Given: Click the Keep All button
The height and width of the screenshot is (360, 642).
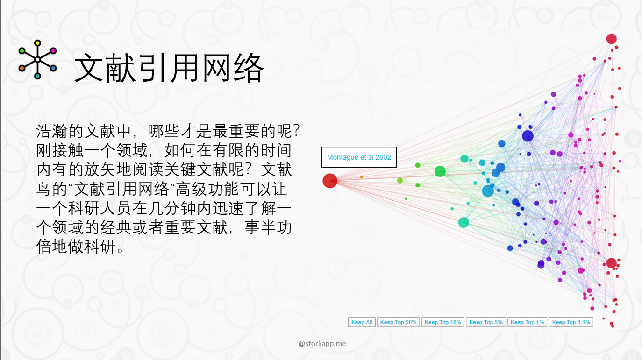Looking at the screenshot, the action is click(x=362, y=322).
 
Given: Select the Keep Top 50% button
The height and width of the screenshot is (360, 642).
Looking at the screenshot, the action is click(x=399, y=322).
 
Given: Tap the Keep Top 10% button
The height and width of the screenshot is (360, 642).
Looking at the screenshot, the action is click(x=443, y=322).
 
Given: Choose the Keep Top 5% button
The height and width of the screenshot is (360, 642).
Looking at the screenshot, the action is click(x=486, y=322).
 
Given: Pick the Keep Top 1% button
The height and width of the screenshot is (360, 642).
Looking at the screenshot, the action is click(x=528, y=322).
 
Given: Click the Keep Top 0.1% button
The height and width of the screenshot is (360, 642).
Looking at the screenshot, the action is click(x=571, y=322).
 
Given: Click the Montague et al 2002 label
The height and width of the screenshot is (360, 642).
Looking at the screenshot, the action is click(x=359, y=157).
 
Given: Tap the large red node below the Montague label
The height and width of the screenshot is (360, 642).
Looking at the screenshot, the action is click(x=330, y=181).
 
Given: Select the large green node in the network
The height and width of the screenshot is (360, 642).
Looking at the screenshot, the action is click(x=440, y=171).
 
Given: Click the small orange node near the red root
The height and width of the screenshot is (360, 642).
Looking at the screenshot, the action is click(x=361, y=177).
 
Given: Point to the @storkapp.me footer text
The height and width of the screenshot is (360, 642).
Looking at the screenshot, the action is click(x=322, y=343).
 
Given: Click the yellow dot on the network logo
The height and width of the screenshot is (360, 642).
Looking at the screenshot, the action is click(x=37, y=43).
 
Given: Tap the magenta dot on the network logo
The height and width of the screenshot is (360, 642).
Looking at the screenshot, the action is click(x=53, y=51).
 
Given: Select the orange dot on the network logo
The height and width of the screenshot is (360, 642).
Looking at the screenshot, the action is click(x=22, y=68).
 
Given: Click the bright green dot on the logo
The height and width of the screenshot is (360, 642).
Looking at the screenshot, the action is click(x=22, y=51).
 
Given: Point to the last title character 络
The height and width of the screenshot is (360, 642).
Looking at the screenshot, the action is click(x=248, y=68).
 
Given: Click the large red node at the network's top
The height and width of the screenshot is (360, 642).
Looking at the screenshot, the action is click(x=611, y=39).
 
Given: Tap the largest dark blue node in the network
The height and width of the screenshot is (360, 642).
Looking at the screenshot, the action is click(x=528, y=136).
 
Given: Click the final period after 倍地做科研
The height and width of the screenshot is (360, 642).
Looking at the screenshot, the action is click(x=121, y=250).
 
